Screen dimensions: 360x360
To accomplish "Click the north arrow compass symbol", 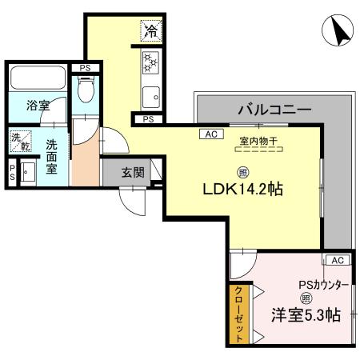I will coord(339,30).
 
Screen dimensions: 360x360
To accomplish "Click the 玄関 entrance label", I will coord(133,171).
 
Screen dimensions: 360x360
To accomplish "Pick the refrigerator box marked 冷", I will coord(150,31).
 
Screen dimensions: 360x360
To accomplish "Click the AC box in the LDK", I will coord(211,134).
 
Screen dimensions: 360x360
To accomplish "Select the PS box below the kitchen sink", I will coord(149,119).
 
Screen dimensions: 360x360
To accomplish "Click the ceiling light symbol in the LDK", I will coord(242,171).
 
